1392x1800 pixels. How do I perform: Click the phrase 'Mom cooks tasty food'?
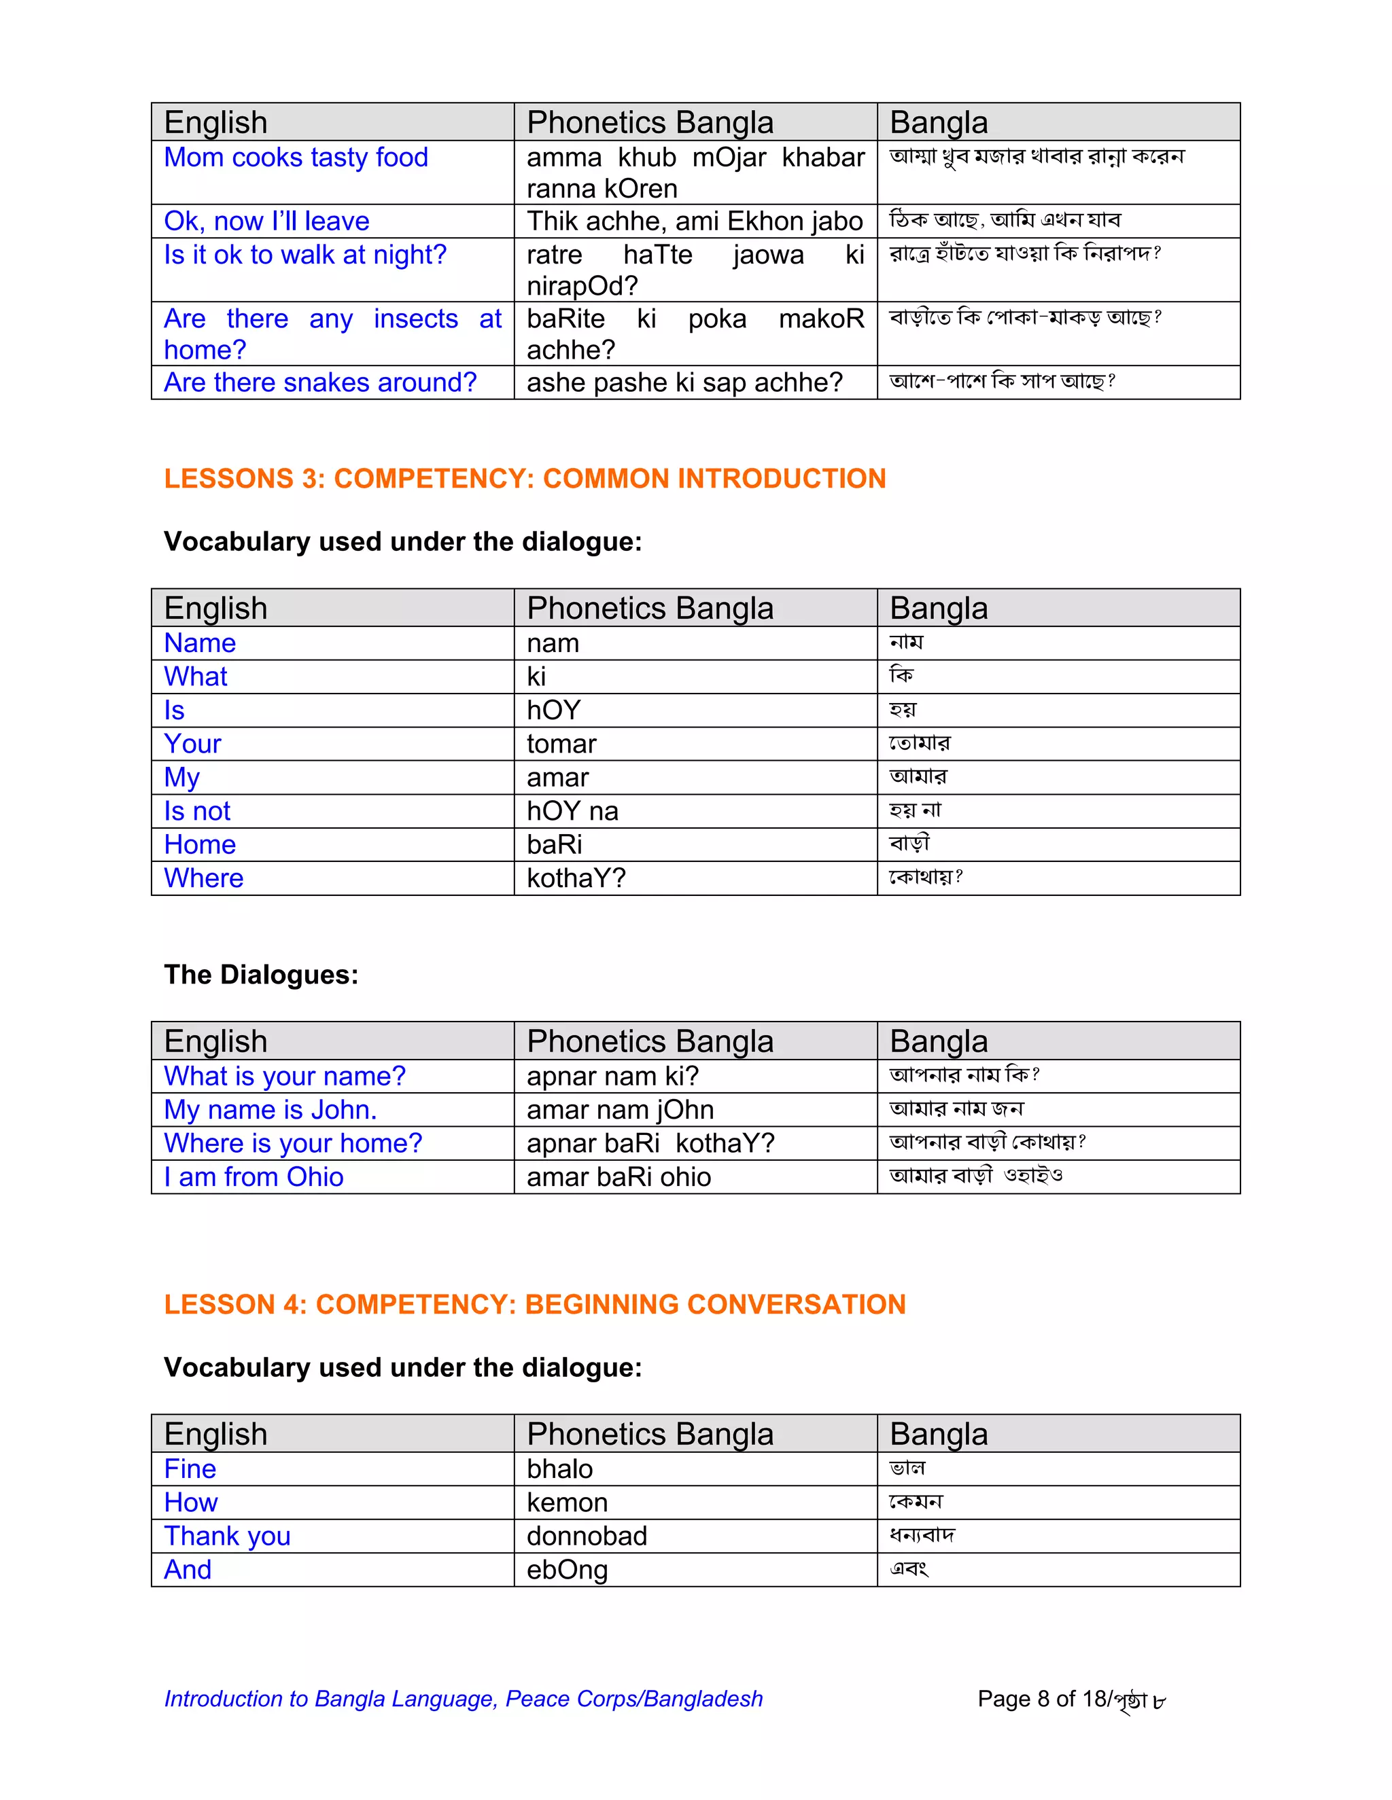click(x=296, y=158)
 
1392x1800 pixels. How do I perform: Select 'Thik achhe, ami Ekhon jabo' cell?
click(x=695, y=221)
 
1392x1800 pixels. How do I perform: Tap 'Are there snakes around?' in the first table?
click(x=320, y=382)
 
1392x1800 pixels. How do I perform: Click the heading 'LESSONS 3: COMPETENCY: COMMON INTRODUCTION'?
click(x=525, y=479)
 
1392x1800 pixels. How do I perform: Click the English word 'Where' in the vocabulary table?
click(x=204, y=878)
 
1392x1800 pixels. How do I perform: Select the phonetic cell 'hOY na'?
click(x=572, y=811)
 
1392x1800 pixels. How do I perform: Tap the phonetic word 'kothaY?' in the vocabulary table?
click(x=576, y=878)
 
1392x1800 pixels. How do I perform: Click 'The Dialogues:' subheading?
click(x=260, y=974)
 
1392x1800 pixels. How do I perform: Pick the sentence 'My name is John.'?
click(x=271, y=1109)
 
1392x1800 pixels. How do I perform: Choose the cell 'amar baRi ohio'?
click(x=619, y=1177)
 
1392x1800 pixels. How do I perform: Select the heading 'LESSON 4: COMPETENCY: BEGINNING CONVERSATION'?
click(x=534, y=1305)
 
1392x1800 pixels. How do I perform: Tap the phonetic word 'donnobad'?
click(x=587, y=1536)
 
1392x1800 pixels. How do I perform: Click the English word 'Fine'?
click(x=190, y=1469)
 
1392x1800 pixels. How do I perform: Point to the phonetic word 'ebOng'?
click(x=567, y=1570)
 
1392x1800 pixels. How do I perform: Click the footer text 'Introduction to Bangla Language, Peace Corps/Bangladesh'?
click(x=464, y=1699)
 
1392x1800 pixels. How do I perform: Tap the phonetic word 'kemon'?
click(x=567, y=1502)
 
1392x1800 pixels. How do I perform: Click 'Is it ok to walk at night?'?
click(x=305, y=255)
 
